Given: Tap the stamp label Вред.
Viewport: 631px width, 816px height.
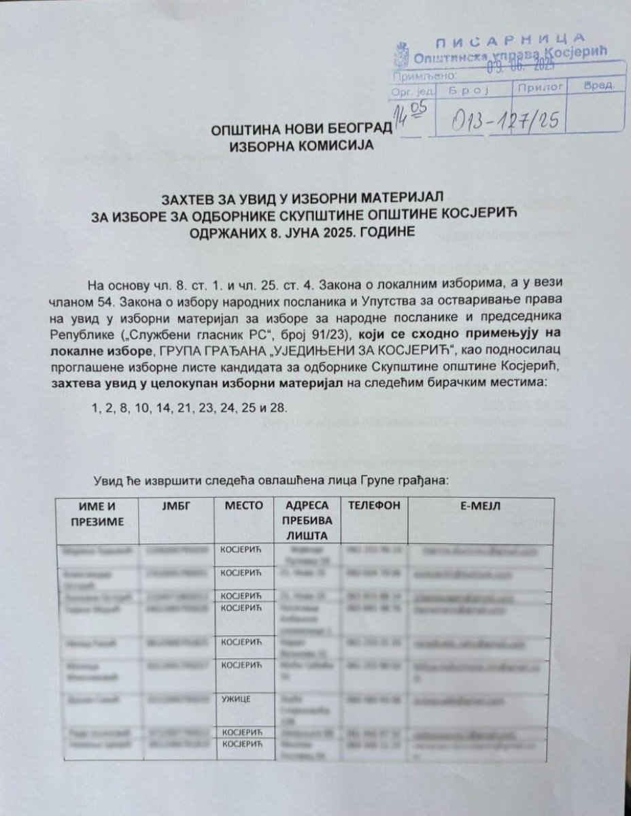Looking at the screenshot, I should click(x=599, y=87).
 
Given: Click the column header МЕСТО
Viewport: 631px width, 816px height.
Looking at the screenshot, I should click(x=241, y=507).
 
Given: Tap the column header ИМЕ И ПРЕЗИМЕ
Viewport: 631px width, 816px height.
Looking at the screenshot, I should click(x=99, y=514).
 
